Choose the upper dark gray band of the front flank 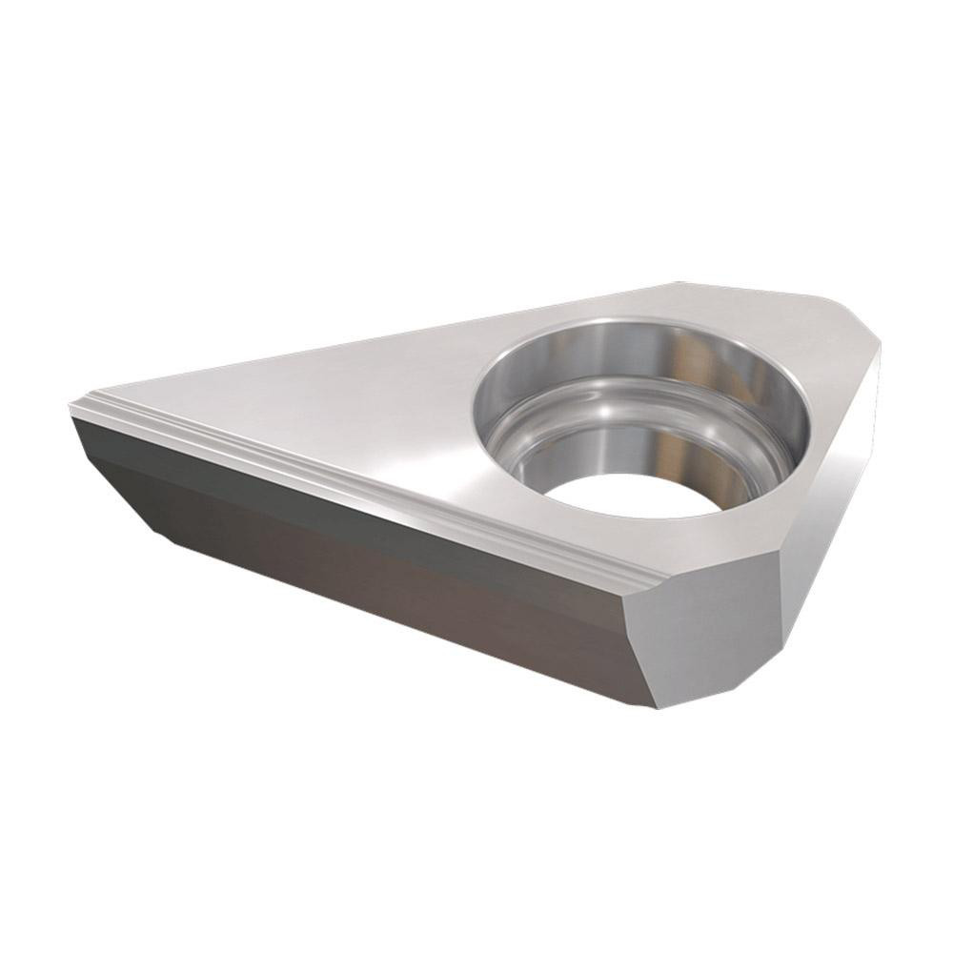click(286, 496)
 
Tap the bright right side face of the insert click(829, 515)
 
